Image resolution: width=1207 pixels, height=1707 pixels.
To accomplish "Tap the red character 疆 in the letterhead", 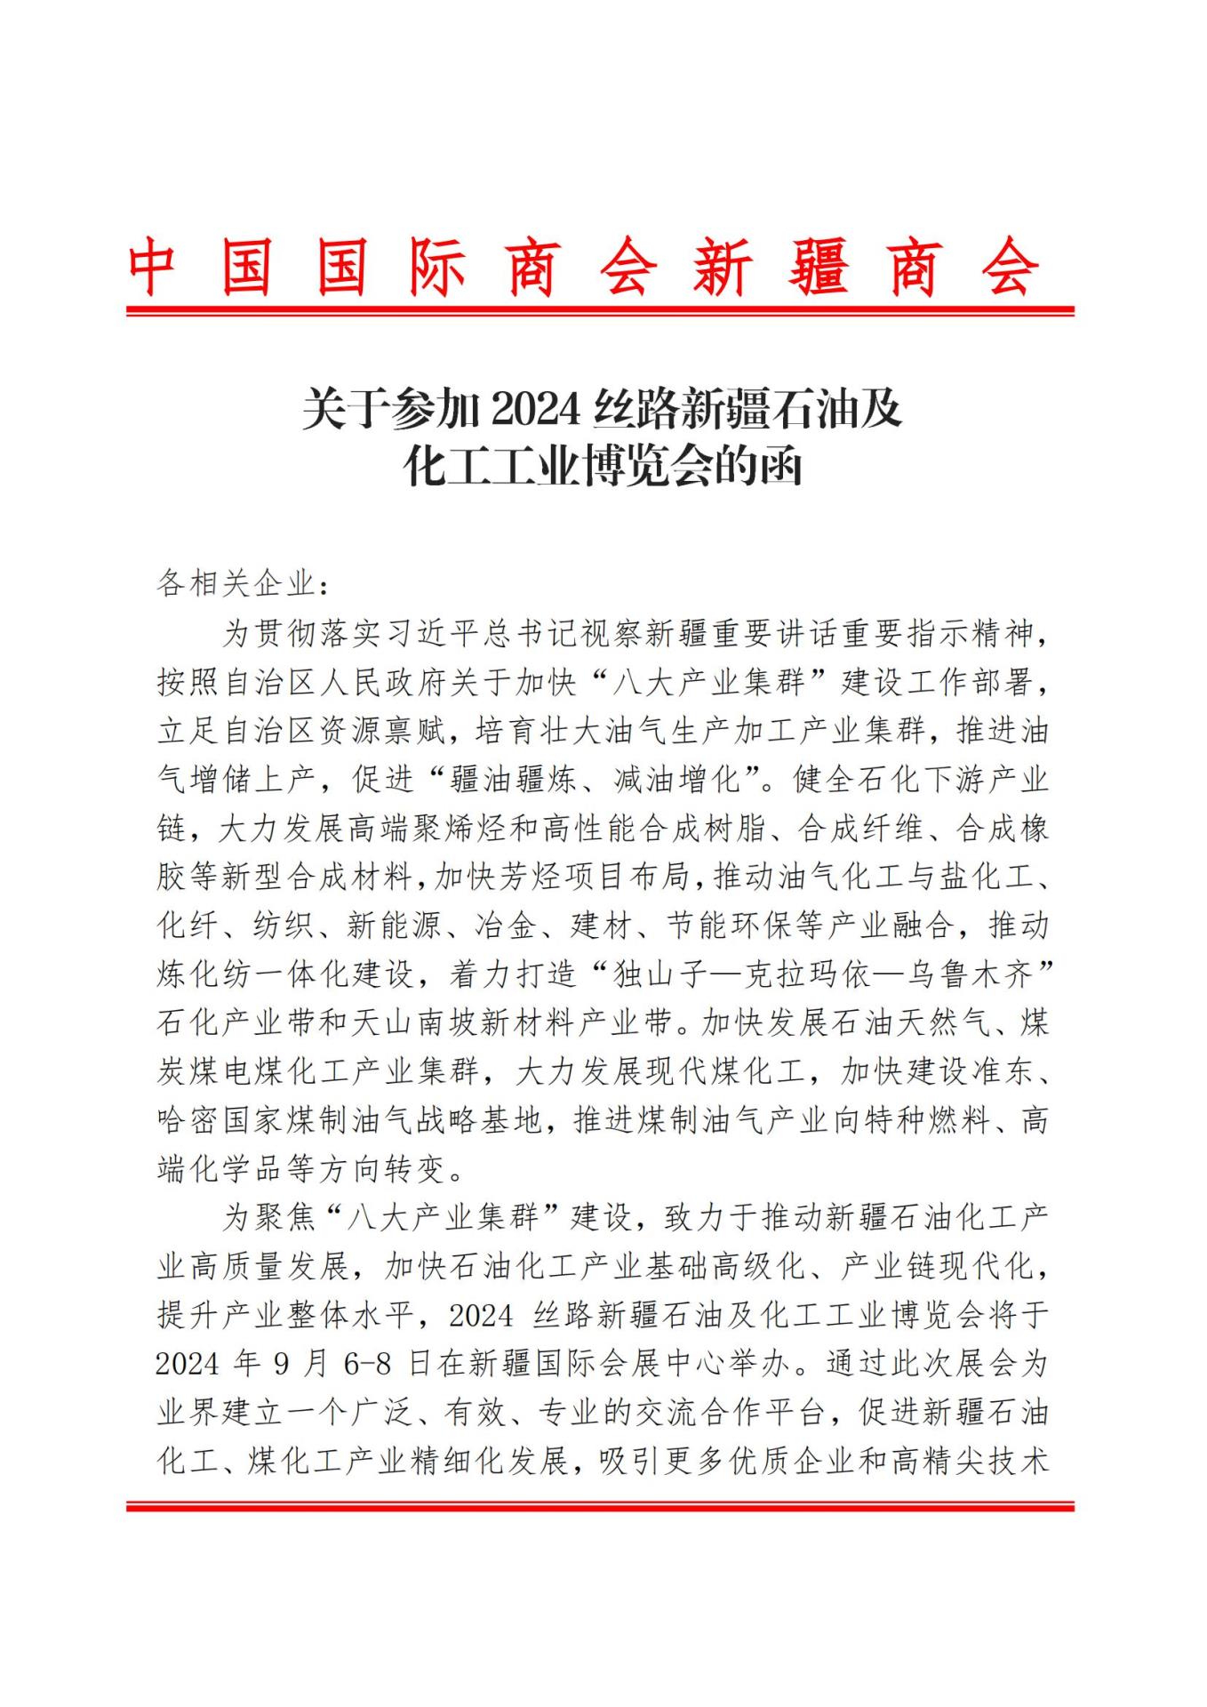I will point(817,267).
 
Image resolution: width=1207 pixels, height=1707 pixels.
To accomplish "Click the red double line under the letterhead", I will point(600,311).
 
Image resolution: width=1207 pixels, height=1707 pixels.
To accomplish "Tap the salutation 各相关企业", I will point(236,584).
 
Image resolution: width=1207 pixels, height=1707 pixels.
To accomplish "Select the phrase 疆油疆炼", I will point(513,780).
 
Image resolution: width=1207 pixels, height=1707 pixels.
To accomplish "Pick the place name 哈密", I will point(188,1120).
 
